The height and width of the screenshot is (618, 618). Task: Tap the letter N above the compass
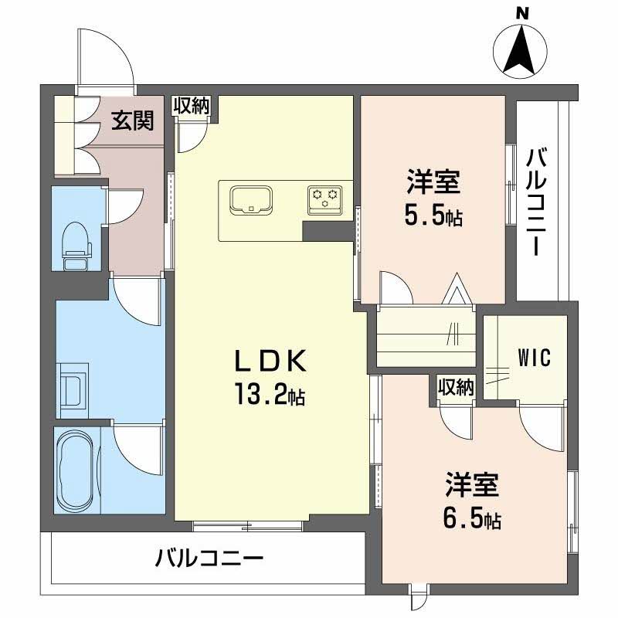click(x=522, y=12)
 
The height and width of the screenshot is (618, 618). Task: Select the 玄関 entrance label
click(x=132, y=121)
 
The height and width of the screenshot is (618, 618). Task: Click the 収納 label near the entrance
click(x=191, y=107)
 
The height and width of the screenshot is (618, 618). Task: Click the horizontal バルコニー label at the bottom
click(x=209, y=558)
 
